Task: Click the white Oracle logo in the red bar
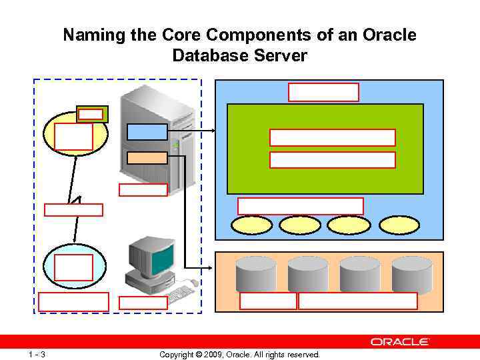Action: coord(400,341)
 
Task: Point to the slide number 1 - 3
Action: coord(37,354)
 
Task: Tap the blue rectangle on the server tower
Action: coord(147,132)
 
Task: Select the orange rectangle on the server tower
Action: coord(147,157)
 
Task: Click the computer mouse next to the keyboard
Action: coord(194,283)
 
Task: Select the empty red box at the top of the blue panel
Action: coord(323,92)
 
